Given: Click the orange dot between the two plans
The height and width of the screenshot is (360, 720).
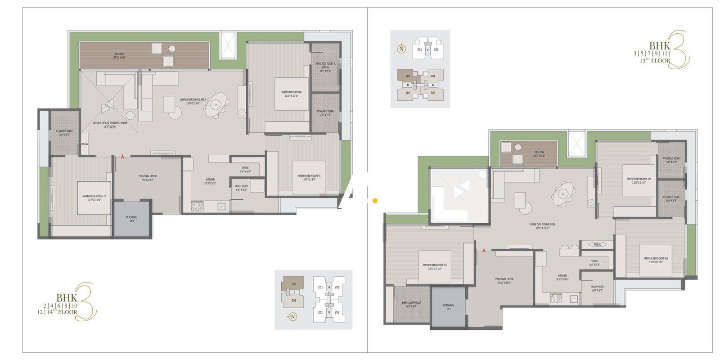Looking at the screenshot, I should tap(375, 201).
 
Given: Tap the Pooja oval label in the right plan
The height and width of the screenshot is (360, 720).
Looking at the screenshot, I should tap(597, 244).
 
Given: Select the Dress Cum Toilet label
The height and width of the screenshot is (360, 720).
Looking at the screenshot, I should tap(411, 304).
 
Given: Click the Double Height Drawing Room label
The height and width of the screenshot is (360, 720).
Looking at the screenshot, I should tap(110, 125).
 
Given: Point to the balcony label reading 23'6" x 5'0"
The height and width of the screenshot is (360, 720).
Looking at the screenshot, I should tap(119, 56).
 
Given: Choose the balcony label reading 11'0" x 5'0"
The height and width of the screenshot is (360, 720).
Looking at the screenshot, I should tap(539, 154).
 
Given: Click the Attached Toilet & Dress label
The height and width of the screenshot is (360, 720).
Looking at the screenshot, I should tap(325, 67).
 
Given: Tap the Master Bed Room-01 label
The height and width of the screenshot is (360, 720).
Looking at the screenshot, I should tap(435, 267).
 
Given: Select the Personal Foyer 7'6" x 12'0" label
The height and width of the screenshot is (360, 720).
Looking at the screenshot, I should tap(148, 178).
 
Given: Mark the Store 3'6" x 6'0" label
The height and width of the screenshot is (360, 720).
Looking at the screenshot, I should tap(245, 170).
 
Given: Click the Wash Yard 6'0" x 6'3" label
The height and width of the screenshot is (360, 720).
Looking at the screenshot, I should tap(597, 288).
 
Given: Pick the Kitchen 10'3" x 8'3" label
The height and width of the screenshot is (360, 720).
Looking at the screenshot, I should tap(210, 181).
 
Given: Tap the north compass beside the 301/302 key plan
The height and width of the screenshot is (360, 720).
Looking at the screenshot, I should tap(401, 49).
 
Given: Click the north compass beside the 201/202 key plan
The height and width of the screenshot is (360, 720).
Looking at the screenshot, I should tap(292, 317).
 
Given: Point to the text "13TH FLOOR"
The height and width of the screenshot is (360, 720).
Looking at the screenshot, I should tap(655, 61).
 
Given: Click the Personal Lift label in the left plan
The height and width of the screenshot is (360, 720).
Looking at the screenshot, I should tap(131, 219).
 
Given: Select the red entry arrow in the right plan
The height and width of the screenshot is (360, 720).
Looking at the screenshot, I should tap(484, 250).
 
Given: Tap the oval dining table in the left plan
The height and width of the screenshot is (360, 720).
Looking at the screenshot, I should tap(216, 105).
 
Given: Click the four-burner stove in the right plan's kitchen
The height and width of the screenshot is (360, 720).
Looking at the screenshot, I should tap(556, 298).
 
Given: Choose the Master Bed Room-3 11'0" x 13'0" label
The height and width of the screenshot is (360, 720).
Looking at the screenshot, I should tap(309, 178).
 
